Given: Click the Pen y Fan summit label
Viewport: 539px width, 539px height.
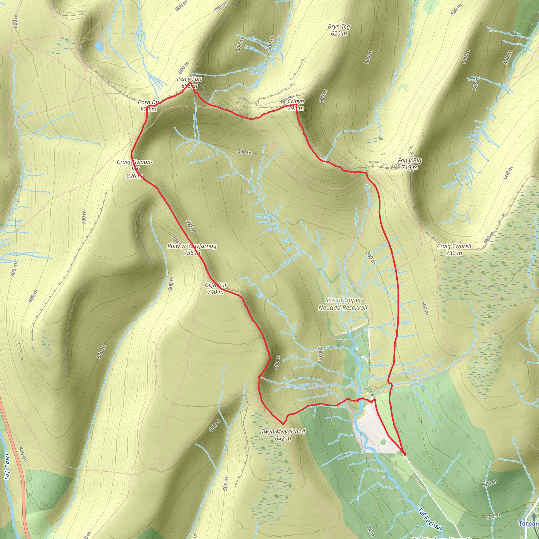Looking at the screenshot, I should pos(189,82).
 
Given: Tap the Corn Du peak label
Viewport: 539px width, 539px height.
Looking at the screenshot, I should pos(148,106).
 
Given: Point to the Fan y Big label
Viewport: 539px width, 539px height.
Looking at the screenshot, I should pos(410,164).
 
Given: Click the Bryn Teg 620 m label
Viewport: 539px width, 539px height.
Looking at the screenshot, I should pos(339,30).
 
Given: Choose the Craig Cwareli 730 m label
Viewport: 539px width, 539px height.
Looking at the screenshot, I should pos(454,249).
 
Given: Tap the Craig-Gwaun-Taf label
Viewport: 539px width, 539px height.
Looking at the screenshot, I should pos(134,169).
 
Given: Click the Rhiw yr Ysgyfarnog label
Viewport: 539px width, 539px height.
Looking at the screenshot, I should pos(192,249).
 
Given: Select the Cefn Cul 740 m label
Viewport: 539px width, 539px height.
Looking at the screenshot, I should pos(215,288).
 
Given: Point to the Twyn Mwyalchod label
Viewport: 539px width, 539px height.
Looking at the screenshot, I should pos(283,435).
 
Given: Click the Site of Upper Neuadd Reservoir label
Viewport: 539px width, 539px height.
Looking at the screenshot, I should pos(343,303).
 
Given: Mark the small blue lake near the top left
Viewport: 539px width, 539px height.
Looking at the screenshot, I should pos(99,46).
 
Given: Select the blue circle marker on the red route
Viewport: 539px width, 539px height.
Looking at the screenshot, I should pos(324,160).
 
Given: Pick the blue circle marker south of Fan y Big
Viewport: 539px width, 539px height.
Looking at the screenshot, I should pos(367,187).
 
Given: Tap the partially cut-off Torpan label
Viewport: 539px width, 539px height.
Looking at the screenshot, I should pos(529,523).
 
